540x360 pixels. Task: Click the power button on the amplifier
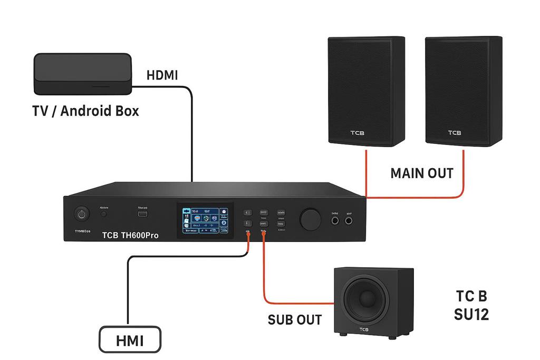(81, 214)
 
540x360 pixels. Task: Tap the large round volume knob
(311, 218)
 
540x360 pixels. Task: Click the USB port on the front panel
(143, 214)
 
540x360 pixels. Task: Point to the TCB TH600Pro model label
(130, 235)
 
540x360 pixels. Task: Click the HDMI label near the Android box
(162, 76)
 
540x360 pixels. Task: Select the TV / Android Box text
(86, 111)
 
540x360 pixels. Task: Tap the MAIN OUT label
(422, 173)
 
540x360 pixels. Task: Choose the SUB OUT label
(295, 319)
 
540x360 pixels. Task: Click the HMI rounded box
(129, 340)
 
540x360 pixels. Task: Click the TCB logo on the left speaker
(357, 133)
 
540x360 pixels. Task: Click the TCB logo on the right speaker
(454, 133)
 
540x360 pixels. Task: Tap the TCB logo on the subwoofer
(364, 329)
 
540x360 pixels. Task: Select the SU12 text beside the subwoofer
(471, 315)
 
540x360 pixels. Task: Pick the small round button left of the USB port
(104, 214)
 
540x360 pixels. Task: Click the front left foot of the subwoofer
(343, 334)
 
